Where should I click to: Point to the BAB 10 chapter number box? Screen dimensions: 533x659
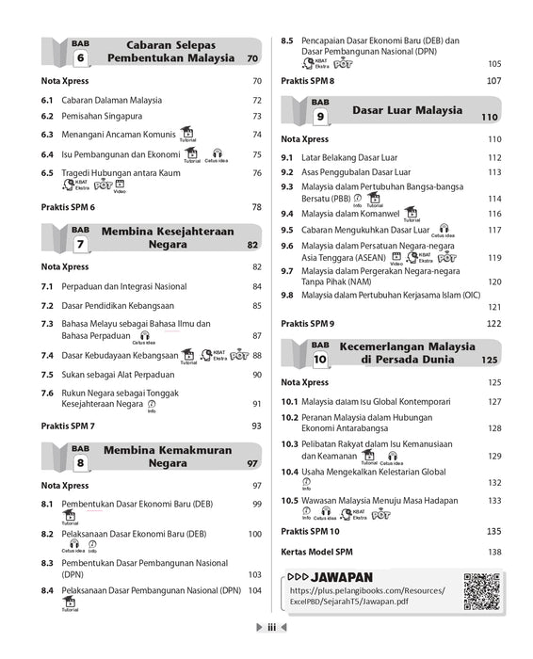(320, 352)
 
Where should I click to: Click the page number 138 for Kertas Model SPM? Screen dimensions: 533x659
(493, 551)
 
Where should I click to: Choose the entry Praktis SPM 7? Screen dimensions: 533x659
(68, 426)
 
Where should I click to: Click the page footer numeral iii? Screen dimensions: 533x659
(269, 650)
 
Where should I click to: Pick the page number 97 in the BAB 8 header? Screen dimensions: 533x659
(252, 464)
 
